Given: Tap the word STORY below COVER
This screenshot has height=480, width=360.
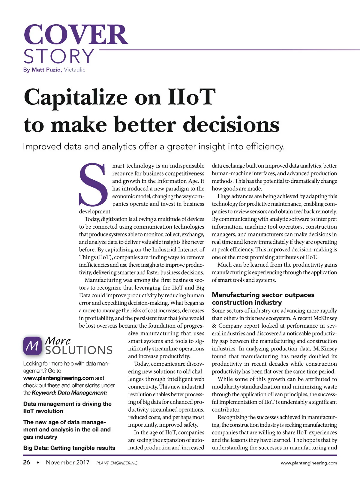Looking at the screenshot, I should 59,56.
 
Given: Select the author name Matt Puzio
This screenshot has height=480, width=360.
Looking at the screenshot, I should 46,70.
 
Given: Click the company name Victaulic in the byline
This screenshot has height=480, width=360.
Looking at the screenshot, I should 74,70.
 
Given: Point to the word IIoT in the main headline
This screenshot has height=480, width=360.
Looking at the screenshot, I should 191,97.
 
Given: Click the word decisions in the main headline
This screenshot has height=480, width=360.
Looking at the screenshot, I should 231,125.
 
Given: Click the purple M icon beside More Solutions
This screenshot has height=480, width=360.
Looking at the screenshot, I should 32,346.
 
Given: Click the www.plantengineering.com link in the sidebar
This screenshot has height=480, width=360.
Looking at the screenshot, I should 58,378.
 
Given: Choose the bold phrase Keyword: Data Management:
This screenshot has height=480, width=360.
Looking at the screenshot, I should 69,393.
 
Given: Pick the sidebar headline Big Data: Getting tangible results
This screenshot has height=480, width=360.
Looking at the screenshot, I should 69,448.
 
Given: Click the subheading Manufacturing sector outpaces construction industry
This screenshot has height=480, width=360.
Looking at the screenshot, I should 263,298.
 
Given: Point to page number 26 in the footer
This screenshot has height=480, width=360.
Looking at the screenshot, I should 26,462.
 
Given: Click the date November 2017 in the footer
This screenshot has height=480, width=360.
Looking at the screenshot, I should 67,462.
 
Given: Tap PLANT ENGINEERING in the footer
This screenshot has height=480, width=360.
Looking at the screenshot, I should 117,463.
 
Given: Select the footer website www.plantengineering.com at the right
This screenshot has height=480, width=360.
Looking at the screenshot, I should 309,463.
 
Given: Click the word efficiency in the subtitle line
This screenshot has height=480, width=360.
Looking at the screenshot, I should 265,147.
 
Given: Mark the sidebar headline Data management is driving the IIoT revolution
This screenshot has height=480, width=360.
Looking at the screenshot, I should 67,407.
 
